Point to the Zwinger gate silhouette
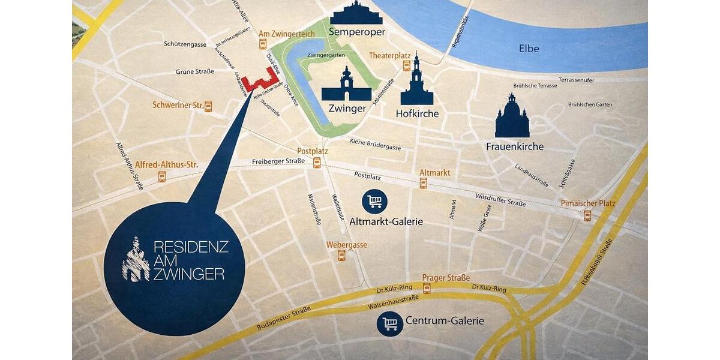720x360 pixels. coord(346,85)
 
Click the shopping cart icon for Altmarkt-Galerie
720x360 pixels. coord(375,201)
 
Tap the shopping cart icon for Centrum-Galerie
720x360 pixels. coord(390,324)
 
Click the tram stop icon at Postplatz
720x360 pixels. coord(316,163)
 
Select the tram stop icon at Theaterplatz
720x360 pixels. coord(407,66)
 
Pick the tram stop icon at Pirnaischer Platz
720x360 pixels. coord(587,215)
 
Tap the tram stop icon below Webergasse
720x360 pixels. coord(341,256)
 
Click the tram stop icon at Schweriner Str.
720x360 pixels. coord(208,106)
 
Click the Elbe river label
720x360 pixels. coord(529,49)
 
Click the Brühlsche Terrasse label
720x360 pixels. coord(535,86)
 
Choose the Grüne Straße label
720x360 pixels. coord(194,71)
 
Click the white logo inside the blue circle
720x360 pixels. coord(136,260)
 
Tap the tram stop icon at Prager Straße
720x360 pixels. coord(427,289)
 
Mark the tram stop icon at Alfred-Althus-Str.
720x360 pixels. coord(161,176)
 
